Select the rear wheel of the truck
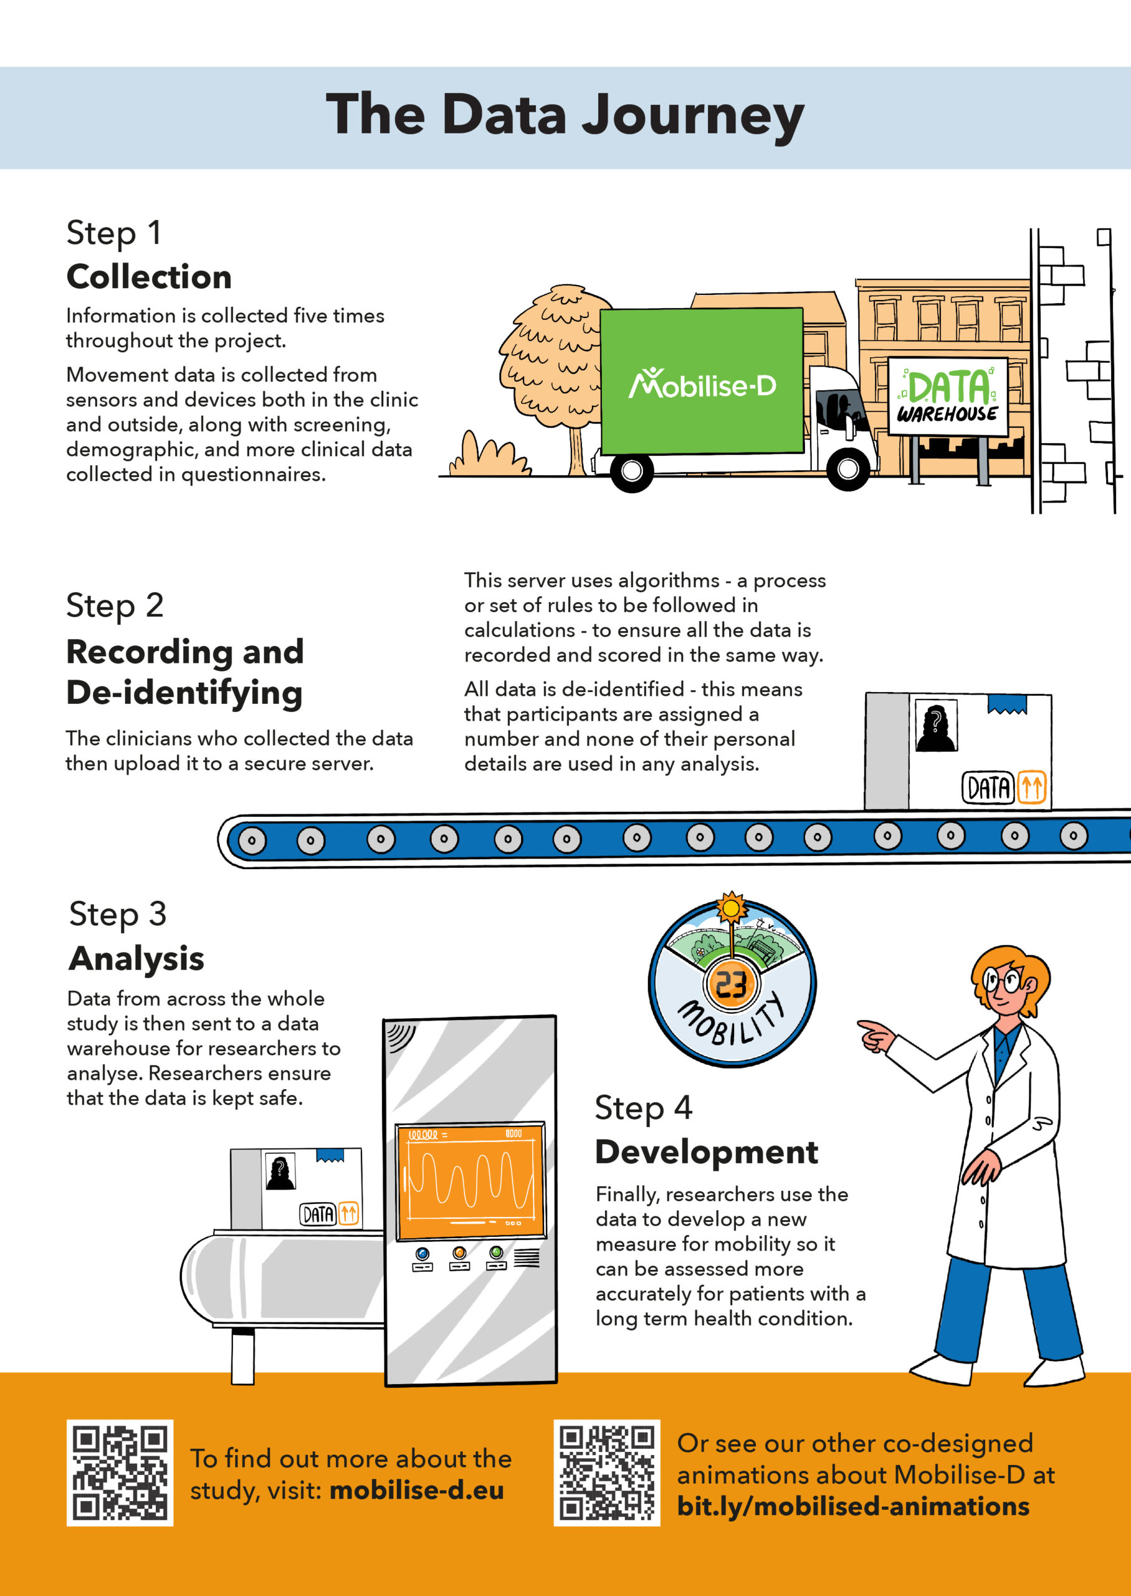(x=631, y=471)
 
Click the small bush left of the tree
(x=487, y=457)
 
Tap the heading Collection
(x=148, y=277)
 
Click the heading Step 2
(x=115, y=605)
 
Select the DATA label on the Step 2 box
(x=988, y=788)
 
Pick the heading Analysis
(x=136, y=959)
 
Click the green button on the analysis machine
(x=496, y=1252)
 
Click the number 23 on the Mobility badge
(x=731, y=985)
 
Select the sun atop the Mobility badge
(x=731, y=908)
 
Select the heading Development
(x=706, y=1152)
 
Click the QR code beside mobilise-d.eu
(x=120, y=1473)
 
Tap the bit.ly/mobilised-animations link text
(x=853, y=1506)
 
